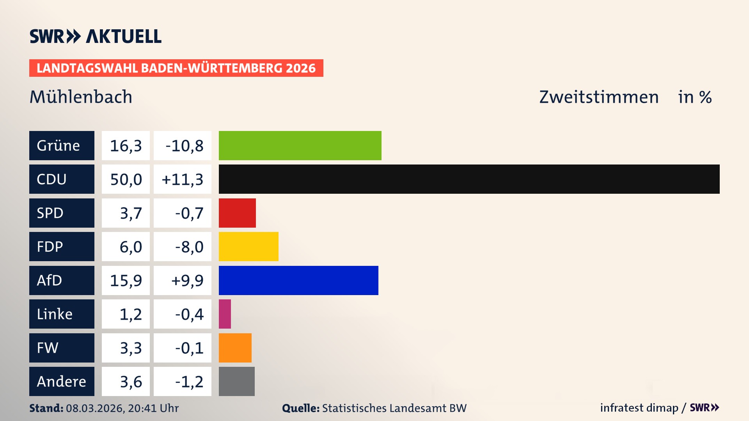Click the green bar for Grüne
(300, 145)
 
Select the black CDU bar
(469, 179)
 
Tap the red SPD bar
(237, 213)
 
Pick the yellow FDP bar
(248, 246)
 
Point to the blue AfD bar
(298, 280)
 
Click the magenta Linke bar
(225, 314)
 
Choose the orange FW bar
(235, 348)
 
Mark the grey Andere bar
(236, 381)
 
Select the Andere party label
(62, 381)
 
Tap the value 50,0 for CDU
(126, 179)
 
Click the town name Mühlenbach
(81, 97)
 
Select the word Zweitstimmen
(599, 97)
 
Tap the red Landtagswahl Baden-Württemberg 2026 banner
(176, 68)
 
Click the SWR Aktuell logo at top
(95, 36)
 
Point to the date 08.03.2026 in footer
(95, 408)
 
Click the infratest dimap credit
(639, 408)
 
